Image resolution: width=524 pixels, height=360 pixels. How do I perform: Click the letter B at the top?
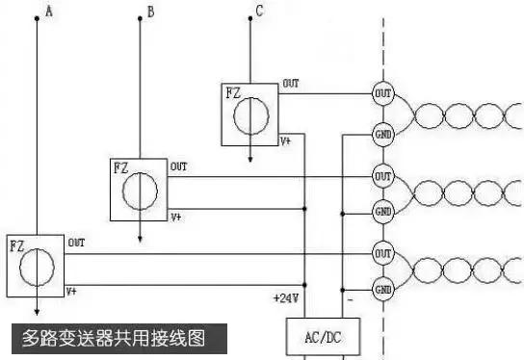pos(149,12)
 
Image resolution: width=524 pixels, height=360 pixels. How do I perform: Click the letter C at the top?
pos(258,12)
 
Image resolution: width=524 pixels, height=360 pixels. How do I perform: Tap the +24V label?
pos(286,298)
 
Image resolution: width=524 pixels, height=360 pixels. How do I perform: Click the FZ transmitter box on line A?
pos(35,264)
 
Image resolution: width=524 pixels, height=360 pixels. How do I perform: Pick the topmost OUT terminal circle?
pos(382,93)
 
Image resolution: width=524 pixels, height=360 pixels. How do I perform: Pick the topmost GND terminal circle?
pos(382,134)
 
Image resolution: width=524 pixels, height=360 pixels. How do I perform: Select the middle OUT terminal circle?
pos(382,177)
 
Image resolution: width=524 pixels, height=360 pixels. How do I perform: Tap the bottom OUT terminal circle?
pos(382,253)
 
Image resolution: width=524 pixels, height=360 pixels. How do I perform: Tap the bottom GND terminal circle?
pos(382,288)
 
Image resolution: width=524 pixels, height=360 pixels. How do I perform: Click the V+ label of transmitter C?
pos(286,141)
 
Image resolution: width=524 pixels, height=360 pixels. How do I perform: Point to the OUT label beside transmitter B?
pos(179,167)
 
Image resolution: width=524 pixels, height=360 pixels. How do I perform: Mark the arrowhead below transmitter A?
pos(37,311)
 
